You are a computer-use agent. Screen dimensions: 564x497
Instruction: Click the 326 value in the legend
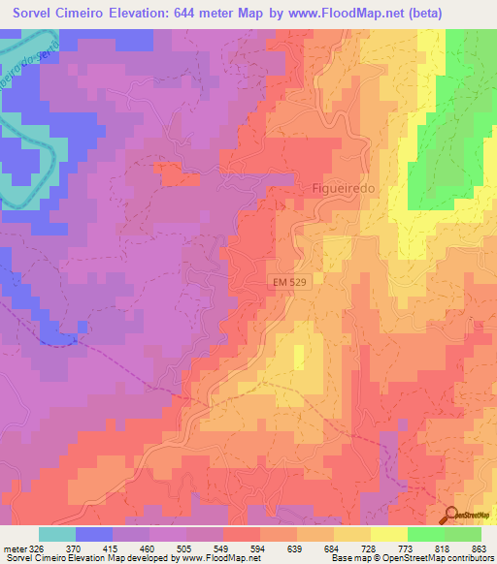tap(38, 549)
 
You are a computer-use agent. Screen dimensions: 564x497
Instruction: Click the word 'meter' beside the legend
tap(14, 549)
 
